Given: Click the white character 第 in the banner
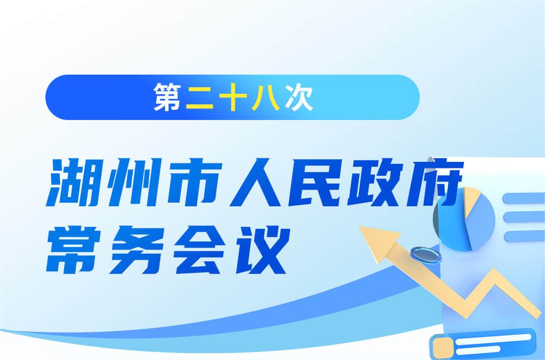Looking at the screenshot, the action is pyautogui.click(x=167, y=97).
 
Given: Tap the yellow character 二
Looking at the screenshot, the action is pyautogui.click(x=200, y=97).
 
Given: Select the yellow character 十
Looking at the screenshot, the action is pyautogui.click(x=233, y=97).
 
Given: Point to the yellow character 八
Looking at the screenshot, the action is pyautogui.click(x=266, y=97).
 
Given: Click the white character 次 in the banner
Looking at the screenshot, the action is pyautogui.click(x=299, y=97).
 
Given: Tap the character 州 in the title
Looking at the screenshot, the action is pyautogui.click(x=134, y=182).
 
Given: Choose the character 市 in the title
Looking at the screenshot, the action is pyautogui.click(x=195, y=182).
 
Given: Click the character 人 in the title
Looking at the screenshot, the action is pyautogui.click(x=255, y=182).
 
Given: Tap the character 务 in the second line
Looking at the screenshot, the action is pyautogui.click(x=136, y=249).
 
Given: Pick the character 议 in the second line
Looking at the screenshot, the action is pyautogui.click(x=263, y=249).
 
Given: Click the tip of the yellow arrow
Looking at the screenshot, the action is pyautogui.click(x=359, y=227).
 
